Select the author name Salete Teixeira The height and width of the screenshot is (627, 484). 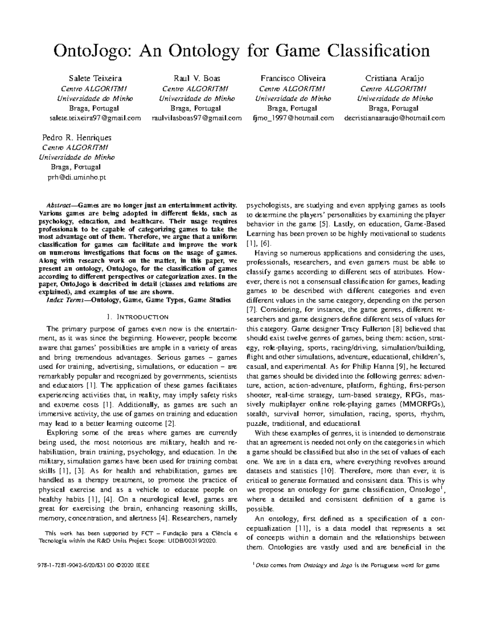[x=95, y=78]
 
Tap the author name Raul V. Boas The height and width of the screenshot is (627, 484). [x=196, y=78]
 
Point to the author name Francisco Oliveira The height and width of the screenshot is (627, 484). [x=293, y=78]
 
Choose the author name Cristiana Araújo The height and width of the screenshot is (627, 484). [x=394, y=78]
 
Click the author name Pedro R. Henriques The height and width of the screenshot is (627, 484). [x=77, y=137]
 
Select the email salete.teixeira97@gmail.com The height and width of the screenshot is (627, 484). [x=95, y=118]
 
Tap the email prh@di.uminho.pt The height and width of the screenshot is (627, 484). [x=77, y=177]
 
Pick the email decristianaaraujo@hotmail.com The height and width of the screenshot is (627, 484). [x=394, y=118]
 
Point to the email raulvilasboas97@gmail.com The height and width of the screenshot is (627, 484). [x=196, y=118]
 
